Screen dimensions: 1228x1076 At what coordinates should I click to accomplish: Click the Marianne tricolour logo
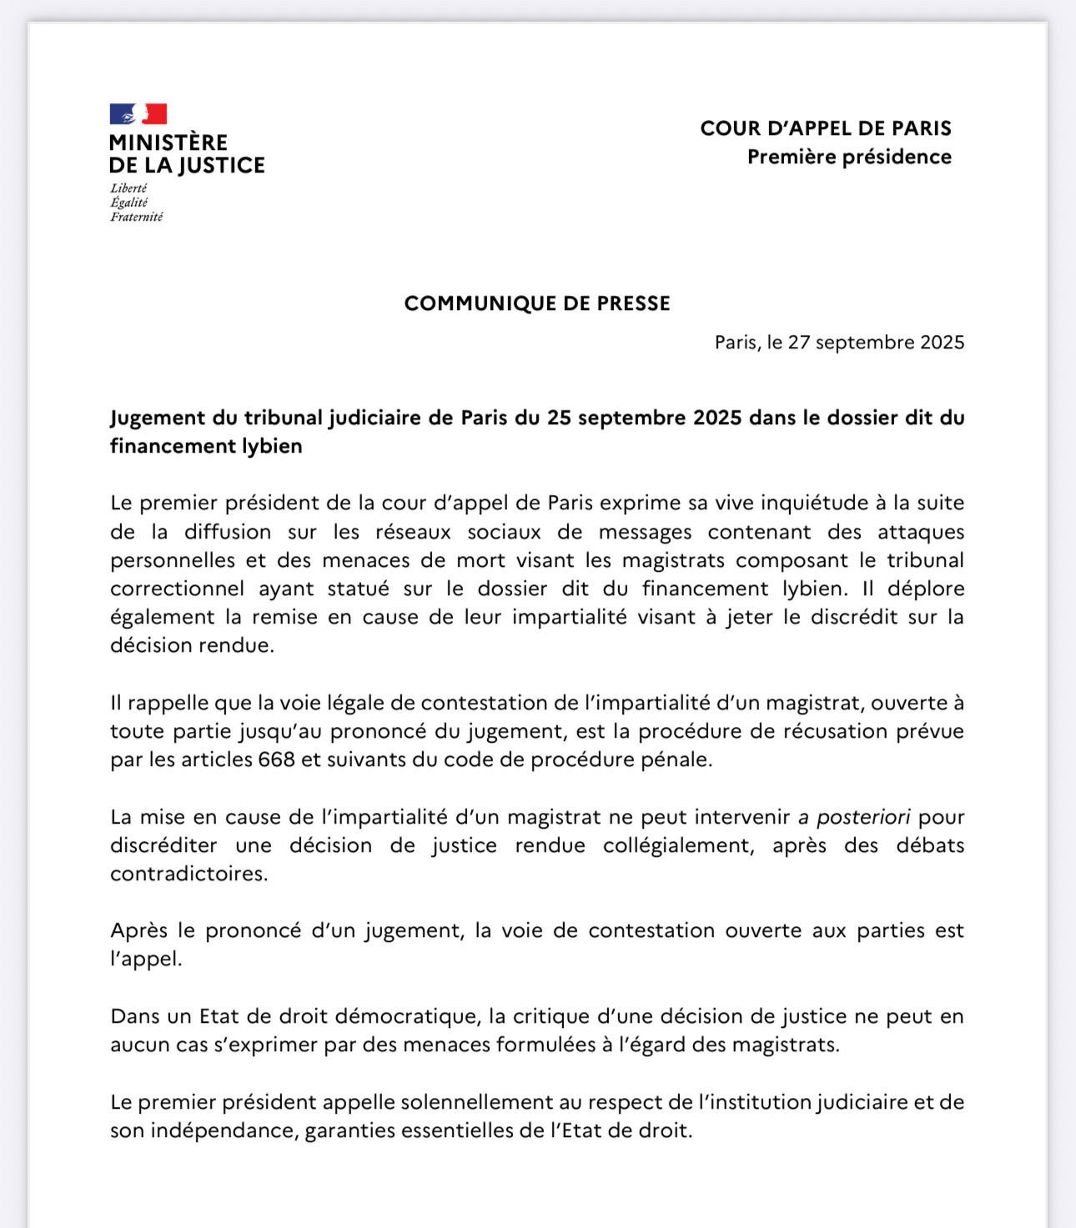(138, 114)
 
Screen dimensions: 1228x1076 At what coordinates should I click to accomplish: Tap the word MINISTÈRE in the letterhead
(168, 143)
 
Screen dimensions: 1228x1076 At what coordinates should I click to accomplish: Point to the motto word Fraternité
(137, 217)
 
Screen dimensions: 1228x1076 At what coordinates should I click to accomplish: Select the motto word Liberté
(128, 188)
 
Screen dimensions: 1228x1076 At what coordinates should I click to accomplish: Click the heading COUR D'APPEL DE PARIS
(826, 128)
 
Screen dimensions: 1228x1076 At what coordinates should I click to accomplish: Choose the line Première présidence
(849, 157)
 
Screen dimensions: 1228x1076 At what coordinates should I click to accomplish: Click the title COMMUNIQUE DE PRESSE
(537, 303)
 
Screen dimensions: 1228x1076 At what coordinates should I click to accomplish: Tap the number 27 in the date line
(798, 343)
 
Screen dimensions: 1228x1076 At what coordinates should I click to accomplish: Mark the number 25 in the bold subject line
(559, 418)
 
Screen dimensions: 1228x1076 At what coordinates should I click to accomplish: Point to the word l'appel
(146, 960)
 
